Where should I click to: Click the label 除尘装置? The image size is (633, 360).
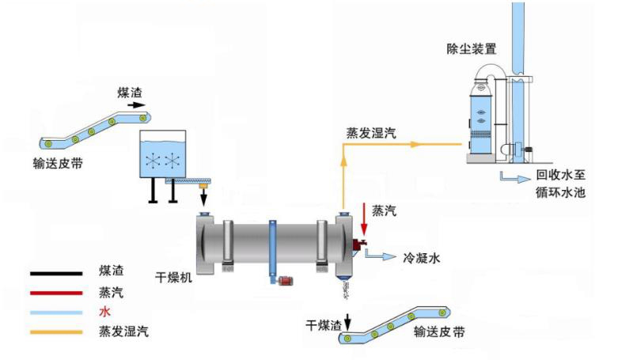tap(472, 49)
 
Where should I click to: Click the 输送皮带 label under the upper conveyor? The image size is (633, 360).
tap(58, 163)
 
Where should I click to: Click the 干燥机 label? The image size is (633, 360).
tap(174, 278)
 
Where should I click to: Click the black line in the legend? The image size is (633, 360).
tap(56, 273)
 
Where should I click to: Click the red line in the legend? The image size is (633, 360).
tap(56, 292)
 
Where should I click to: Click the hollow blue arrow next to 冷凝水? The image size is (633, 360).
tap(383, 256)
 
